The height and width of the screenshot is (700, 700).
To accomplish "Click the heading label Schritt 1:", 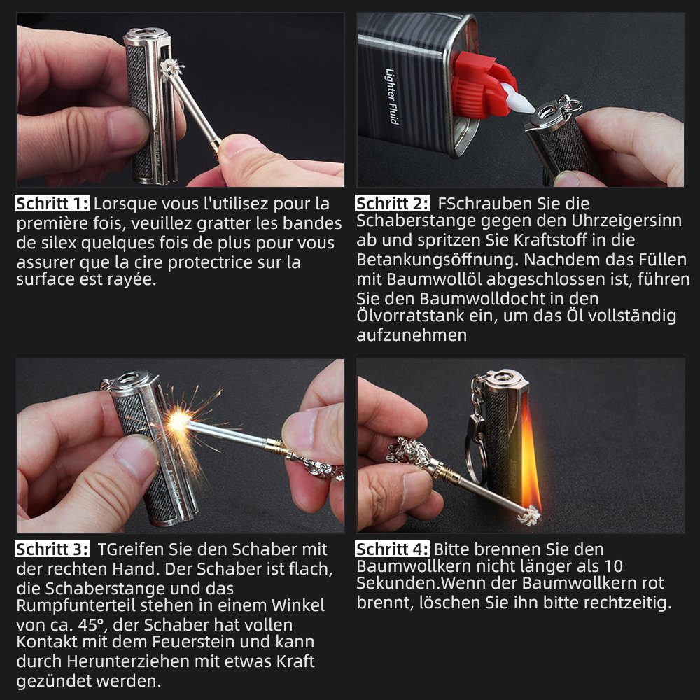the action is (52, 204).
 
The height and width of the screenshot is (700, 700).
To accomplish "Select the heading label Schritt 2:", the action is (393, 204).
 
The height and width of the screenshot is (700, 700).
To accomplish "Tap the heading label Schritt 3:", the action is (52, 549).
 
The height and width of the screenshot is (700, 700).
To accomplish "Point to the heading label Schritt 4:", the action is (393, 549).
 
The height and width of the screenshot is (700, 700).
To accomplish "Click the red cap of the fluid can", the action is (483, 85).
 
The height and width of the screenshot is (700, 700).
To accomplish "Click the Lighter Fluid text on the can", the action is (392, 96).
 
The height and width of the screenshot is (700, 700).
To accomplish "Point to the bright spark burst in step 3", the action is (178, 422).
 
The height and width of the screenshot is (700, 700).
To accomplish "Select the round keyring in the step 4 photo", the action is (474, 460).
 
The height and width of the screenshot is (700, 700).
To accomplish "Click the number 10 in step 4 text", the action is (613, 566).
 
